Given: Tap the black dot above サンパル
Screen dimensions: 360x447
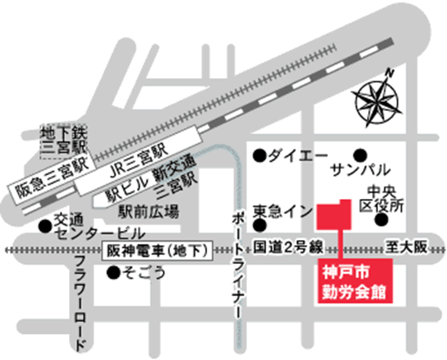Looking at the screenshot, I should [x=360, y=154].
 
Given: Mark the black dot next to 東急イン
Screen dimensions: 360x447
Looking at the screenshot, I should [x=259, y=224].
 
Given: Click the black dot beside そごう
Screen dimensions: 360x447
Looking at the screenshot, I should [x=112, y=271].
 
